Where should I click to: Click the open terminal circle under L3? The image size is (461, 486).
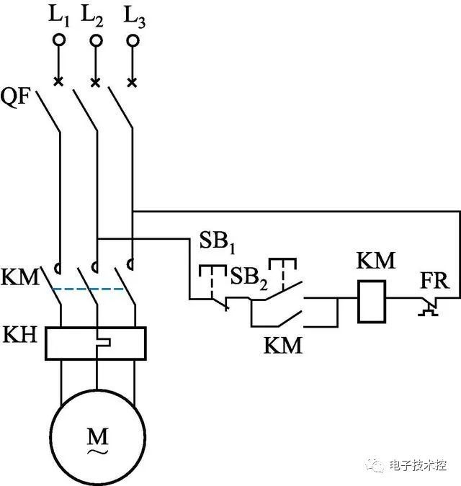(132, 40)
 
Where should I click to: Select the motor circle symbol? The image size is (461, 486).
(96, 436)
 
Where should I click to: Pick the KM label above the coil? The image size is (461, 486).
(376, 260)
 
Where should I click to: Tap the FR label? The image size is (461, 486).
(433, 280)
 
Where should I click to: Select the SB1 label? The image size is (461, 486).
(215, 243)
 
